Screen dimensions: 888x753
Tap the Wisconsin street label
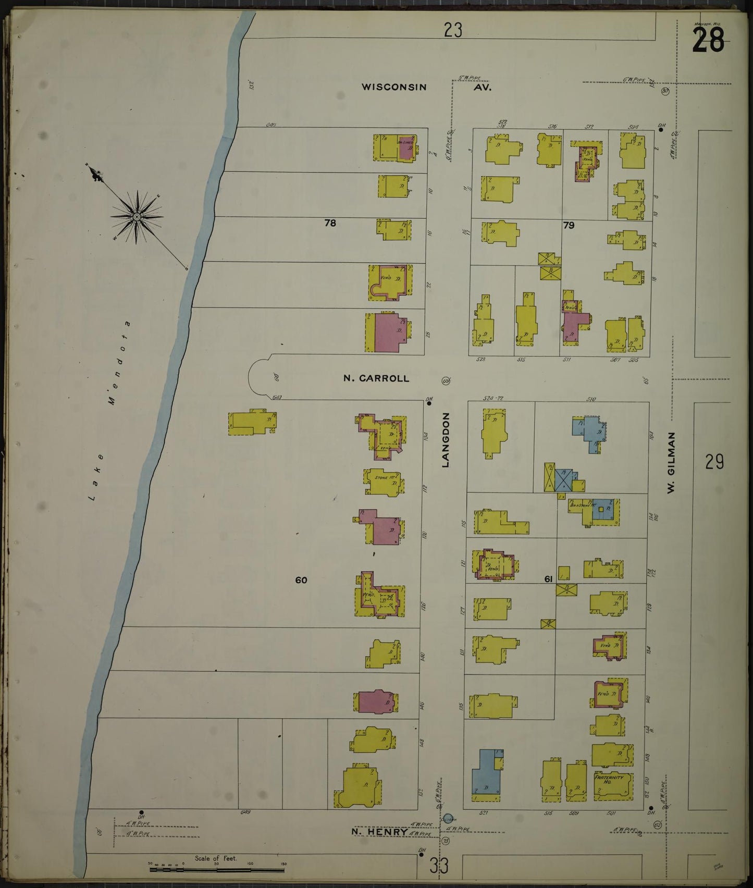[x=394, y=87]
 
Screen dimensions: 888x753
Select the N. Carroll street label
[x=376, y=378]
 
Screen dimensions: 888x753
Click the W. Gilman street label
[x=671, y=462]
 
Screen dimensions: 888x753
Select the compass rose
[x=137, y=216]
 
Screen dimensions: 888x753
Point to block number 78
[x=330, y=223]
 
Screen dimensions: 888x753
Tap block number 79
[x=569, y=225]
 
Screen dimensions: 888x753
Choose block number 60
[x=301, y=579]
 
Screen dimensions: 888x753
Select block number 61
[x=548, y=579]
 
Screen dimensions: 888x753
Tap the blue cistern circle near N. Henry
[x=448, y=818]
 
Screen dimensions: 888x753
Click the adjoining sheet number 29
[x=715, y=462]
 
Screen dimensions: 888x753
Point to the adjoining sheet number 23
[x=452, y=30]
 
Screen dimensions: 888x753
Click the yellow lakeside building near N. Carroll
[x=252, y=423]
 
